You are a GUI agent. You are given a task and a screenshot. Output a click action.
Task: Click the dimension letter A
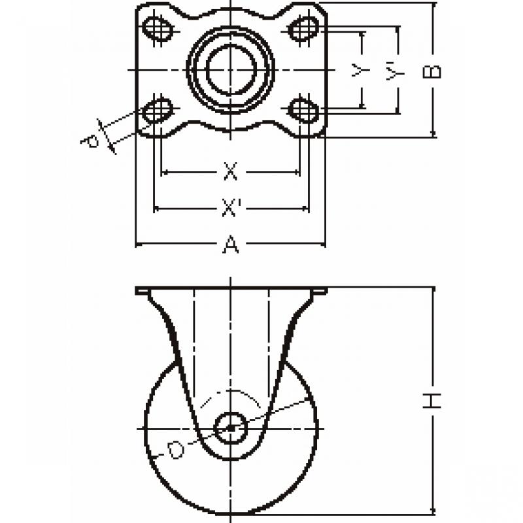(231, 244)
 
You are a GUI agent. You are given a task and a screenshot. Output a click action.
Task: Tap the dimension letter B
(432, 72)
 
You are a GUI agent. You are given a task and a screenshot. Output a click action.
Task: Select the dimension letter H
(432, 401)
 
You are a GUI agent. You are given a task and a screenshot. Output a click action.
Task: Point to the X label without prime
(231, 171)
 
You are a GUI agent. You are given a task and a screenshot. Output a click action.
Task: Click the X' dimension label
(231, 207)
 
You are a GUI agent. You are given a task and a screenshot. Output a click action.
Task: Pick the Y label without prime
(360, 71)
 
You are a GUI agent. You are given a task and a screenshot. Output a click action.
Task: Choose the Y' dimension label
(395, 71)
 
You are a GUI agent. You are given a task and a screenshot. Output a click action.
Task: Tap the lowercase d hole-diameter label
(91, 141)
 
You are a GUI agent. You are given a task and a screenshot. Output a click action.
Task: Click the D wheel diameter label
(176, 450)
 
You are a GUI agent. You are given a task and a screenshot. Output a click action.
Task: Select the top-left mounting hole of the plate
(158, 28)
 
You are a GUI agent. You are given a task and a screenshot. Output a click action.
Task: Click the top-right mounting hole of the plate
(303, 29)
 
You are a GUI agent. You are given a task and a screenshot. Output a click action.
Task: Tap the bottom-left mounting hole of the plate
(158, 109)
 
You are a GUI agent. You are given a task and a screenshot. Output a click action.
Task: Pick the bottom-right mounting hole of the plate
(303, 109)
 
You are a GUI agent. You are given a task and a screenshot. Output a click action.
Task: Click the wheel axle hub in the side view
(231, 428)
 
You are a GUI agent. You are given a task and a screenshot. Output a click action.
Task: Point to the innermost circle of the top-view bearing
(231, 69)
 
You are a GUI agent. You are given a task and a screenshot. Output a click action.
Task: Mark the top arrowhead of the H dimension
(433, 290)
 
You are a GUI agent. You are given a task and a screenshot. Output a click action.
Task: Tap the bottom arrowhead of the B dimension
(433, 134)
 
